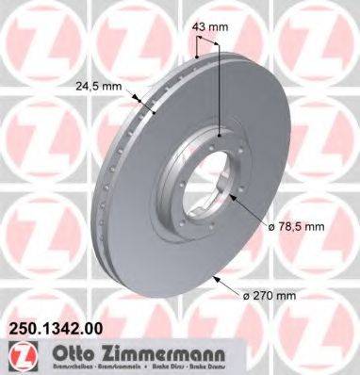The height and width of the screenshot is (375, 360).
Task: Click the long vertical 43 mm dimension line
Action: pyautogui.click(x=219, y=85)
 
